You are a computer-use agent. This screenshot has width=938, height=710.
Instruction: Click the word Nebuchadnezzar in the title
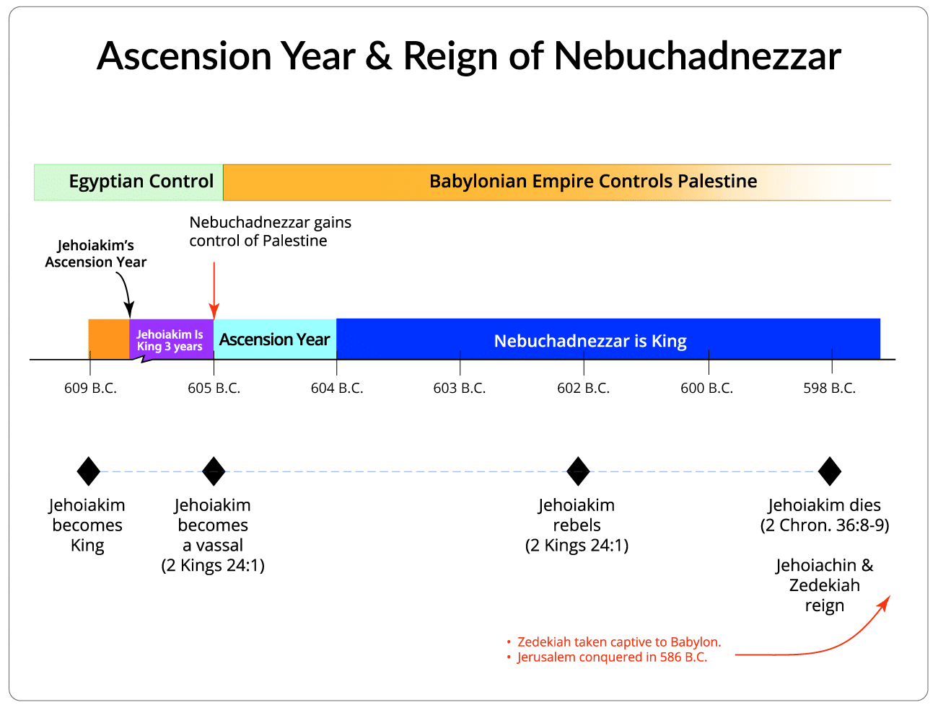click(697, 56)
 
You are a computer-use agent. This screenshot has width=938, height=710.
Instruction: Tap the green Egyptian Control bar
click(128, 182)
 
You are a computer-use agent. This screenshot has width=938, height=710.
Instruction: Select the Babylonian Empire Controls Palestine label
click(592, 182)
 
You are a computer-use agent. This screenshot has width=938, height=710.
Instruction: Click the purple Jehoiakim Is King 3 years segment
click(170, 340)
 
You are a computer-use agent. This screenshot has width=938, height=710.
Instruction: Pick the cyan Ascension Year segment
click(275, 340)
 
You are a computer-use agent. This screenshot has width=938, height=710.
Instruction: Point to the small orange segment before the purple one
click(109, 339)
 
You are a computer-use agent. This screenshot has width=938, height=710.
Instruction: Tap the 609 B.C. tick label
click(90, 389)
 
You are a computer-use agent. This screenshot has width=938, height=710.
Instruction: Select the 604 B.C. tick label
click(337, 389)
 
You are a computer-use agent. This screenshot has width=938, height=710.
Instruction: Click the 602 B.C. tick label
click(583, 389)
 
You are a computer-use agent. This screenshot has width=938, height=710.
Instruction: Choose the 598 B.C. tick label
click(829, 389)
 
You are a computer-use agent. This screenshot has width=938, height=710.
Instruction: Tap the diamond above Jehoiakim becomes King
click(89, 471)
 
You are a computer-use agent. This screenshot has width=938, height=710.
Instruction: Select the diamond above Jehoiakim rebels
click(578, 471)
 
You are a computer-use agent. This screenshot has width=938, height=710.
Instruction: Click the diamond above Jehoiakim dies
click(830, 471)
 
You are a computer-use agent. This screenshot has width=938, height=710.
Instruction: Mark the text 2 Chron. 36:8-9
click(825, 525)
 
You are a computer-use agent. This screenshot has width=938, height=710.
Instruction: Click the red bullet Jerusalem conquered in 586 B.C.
click(611, 657)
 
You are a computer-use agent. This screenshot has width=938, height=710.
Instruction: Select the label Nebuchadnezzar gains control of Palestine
click(270, 231)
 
